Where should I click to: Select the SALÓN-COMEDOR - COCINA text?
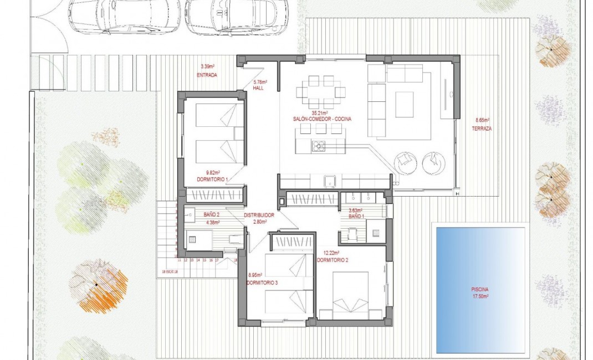click(x=323, y=119)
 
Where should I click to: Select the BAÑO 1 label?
click(x=356, y=216)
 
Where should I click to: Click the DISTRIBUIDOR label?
click(x=258, y=215)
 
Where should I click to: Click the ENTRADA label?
click(x=206, y=75)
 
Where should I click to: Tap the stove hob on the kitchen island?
click(x=319, y=146)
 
